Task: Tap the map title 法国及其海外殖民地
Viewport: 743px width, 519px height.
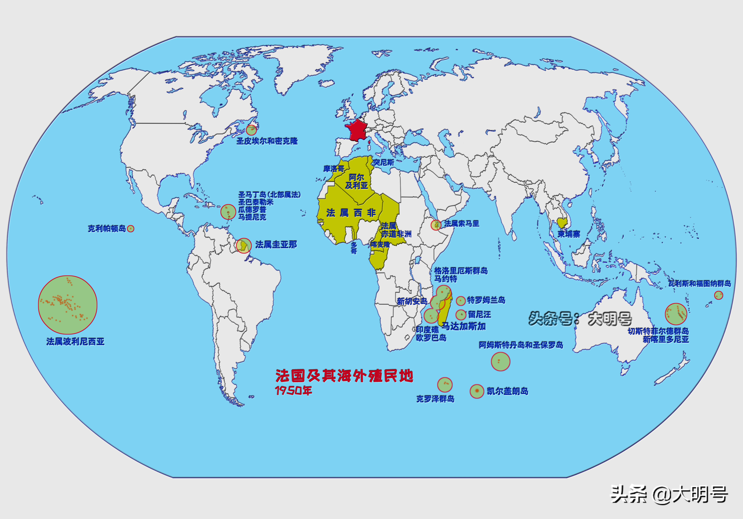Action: [x=344, y=376]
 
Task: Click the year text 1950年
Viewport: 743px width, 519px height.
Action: [x=294, y=391]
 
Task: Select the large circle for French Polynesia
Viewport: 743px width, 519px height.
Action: [x=68, y=305]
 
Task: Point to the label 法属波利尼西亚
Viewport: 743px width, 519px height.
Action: [x=75, y=342]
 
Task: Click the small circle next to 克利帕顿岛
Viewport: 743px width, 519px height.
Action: [x=130, y=229]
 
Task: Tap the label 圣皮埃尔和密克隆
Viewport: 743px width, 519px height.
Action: [x=267, y=141]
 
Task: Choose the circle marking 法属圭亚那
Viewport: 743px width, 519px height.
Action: [x=244, y=246]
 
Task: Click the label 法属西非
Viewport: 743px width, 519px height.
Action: [x=351, y=213]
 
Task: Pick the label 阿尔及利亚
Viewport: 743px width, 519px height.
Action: [x=356, y=181]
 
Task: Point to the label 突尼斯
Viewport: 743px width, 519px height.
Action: [x=383, y=162]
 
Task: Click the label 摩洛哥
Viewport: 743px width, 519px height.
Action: [x=334, y=169]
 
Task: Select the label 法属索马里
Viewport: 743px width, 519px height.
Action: [x=461, y=224]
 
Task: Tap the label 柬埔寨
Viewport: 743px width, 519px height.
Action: [x=569, y=234]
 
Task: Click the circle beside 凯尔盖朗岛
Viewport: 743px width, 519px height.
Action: [x=477, y=391]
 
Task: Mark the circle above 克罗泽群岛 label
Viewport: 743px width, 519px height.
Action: [x=445, y=385]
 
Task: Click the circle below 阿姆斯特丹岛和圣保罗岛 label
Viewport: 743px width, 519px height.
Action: [x=500, y=362]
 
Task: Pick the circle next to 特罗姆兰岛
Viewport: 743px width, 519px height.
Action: [x=460, y=301]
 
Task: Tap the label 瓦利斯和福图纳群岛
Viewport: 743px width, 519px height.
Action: [x=700, y=283]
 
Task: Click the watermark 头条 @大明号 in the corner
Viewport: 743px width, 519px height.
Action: [x=669, y=494]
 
